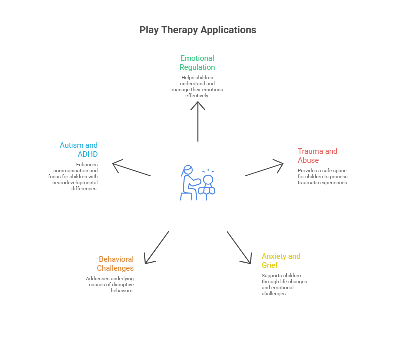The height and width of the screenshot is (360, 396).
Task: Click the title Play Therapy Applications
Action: (198, 30)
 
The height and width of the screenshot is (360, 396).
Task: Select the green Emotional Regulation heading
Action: (197, 63)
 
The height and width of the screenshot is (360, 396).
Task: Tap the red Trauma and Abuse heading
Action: (317, 155)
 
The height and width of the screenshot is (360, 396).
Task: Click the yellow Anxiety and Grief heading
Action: (281, 260)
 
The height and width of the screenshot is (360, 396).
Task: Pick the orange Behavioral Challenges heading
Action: (116, 263)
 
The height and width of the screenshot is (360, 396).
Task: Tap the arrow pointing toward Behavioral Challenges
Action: (157, 247)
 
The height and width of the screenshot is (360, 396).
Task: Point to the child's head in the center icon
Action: (207, 179)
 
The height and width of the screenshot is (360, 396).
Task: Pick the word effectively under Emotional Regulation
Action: (197, 95)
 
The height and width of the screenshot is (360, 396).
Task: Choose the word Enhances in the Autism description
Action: (87, 164)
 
